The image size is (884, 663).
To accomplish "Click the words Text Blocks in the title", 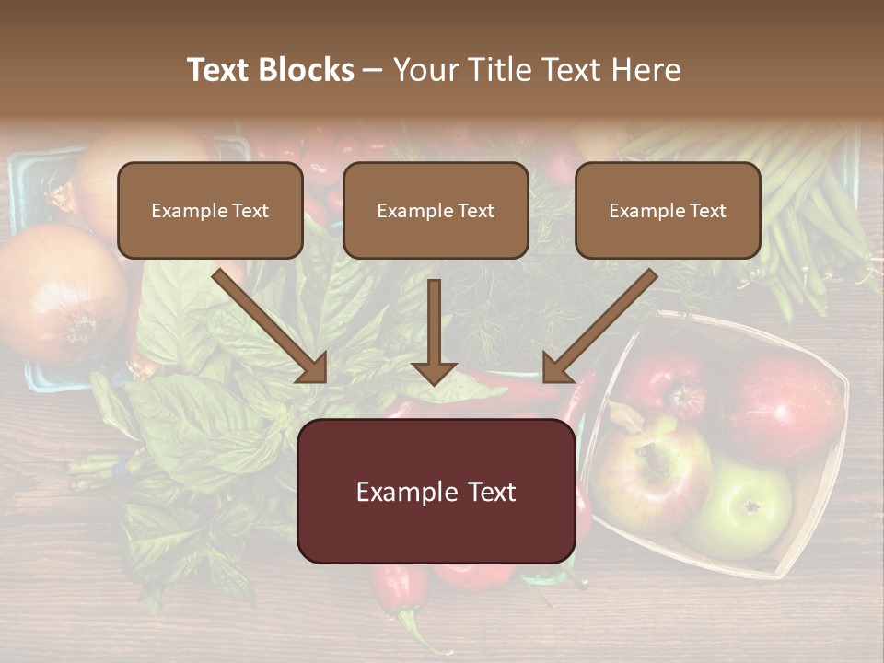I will [271, 70].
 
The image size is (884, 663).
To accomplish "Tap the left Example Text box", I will [210, 211].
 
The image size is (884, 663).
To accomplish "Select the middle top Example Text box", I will [436, 211].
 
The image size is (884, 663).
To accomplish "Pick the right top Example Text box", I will [668, 211].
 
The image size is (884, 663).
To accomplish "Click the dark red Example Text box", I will [436, 492].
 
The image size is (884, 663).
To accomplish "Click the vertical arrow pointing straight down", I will [435, 331].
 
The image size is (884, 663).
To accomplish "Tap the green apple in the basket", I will [746, 506].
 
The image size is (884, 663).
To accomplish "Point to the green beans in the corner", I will [810, 212].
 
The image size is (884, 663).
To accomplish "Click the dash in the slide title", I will [373, 71].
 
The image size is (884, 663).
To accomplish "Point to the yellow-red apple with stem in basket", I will [650, 470].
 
